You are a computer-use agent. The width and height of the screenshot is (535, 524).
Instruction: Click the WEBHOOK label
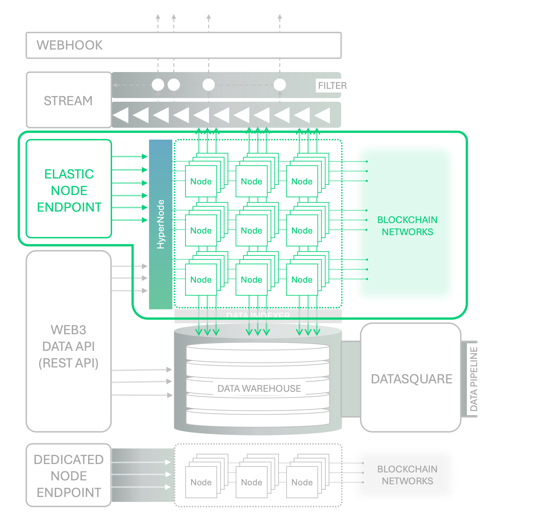point(69,45)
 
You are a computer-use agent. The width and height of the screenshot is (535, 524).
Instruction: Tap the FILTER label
point(332,86)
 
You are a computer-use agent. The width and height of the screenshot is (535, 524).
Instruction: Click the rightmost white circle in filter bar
point(280,85)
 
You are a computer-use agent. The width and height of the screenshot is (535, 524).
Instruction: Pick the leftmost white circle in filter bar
point(158,85)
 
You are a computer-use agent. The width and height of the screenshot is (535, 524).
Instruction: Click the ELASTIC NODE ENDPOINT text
point(69,190)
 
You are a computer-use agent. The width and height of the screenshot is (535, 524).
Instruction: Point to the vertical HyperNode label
point(160,224)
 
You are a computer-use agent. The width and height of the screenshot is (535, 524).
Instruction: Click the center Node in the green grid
point(251,231)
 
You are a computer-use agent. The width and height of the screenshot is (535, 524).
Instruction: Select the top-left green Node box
point(201,181)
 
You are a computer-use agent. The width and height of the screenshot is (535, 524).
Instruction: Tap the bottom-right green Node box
point(302,280)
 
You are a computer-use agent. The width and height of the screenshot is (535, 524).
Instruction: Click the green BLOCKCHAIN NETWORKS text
point(407,226)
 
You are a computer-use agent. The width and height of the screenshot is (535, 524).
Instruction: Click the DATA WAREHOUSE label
point(259,388)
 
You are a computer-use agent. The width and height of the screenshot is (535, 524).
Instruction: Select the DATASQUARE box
point(411,379)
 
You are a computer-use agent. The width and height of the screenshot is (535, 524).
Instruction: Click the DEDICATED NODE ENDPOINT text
point(69,476)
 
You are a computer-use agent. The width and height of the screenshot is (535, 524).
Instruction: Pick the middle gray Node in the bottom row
point(251,482)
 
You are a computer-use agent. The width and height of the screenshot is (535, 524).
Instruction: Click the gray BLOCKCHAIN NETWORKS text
point(407,475)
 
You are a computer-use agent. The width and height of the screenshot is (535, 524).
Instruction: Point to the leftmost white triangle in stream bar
point(121,115)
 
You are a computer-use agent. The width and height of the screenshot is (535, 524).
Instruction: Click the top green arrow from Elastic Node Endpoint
point(129,157)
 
